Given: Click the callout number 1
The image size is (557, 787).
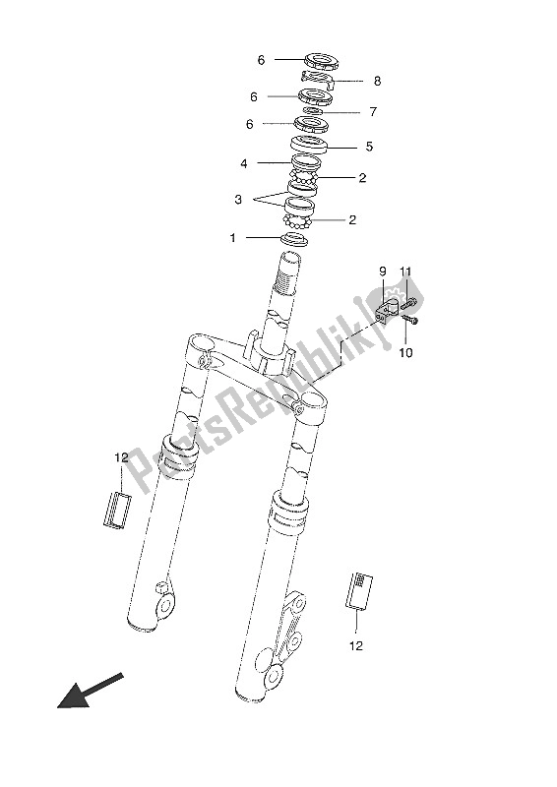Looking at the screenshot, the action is pyautogui.click(x=232, y=237).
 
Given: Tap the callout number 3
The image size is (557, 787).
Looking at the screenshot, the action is pyautogui.click(x=238, y=200).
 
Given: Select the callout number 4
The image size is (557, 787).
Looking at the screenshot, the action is pyautogui.click(x=244, y=163).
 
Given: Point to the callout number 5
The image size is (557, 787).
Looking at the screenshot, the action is pyautogui.click(x=369, y=147).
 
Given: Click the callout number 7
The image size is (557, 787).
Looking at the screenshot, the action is pyautogui.click(x=373, y=111).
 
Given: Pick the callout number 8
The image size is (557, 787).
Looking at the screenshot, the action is pyautogui.click(x=377, y=81).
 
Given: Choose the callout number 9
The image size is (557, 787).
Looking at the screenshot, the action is pyautogui.click(x=383, y=272).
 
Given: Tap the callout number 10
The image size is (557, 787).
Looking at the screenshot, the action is pyautogui.click(x=405, y=353).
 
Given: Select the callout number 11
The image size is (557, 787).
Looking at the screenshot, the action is pyautogui.click(x=405, y=272).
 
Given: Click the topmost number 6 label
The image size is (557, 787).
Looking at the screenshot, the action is pyautogui.click(x=261, y=60).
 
